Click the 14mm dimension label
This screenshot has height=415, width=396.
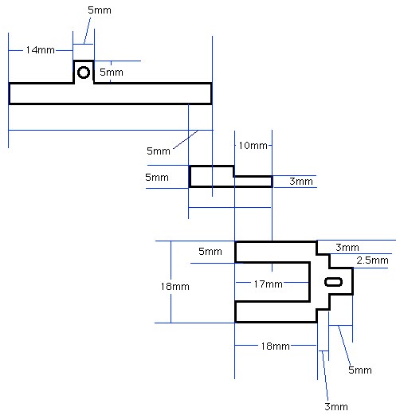41,50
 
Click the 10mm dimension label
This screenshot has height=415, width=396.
253,146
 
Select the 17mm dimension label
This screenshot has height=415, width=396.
268,284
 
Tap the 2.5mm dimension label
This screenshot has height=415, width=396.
372,260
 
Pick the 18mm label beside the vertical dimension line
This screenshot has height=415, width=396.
175,287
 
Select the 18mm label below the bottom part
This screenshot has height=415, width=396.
275,346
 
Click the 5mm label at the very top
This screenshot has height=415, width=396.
100,10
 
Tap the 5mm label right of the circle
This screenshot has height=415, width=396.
112,72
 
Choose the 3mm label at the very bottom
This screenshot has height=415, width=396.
336,406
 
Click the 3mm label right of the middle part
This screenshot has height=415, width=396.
301,182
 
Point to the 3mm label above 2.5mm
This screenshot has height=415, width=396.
347,248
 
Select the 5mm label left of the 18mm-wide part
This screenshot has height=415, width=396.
210,252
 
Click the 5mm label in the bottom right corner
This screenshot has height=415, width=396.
360,370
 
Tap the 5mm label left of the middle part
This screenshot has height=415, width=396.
157,178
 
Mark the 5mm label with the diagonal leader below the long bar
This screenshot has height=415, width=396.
159,151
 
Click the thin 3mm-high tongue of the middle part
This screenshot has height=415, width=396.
253,182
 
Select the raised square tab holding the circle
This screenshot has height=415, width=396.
84,61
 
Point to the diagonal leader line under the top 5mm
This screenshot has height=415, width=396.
87,30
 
